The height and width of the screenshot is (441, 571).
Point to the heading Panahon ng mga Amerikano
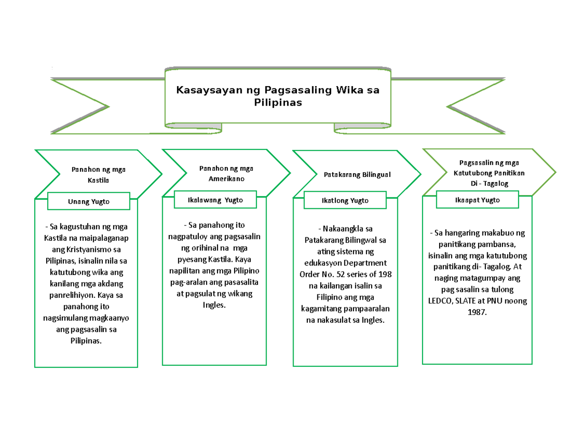(x=226, y=173)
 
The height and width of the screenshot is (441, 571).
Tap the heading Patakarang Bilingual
(x=357, y=175)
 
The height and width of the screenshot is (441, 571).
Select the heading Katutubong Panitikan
(x=482, y=173)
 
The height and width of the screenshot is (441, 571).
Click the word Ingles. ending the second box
(x=213, y=305)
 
